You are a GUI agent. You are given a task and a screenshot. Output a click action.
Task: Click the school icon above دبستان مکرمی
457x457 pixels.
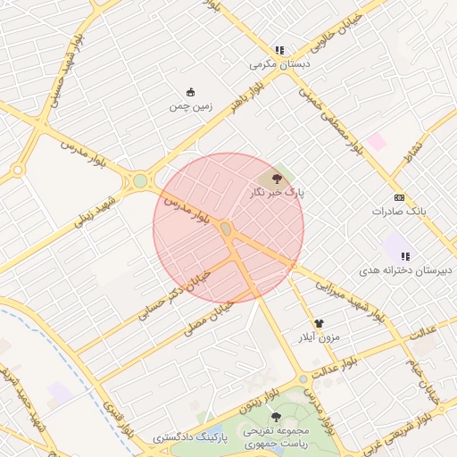click(x=279, y=51)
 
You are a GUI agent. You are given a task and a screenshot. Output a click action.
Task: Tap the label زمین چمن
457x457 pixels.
click(x=191, y=105)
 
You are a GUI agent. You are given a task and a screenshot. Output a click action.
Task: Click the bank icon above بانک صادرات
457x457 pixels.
click(x=399, y=197)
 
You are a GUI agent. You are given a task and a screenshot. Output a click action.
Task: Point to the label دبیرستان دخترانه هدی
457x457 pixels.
click(x=406, y=269)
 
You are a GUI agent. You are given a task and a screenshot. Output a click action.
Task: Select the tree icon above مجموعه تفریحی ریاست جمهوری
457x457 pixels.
click(x=275, y=417)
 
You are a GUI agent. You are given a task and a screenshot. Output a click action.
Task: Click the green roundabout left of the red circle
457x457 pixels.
click(x=140, y=181)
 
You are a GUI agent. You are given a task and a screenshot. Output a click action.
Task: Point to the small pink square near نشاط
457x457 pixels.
click(x=377, y=142)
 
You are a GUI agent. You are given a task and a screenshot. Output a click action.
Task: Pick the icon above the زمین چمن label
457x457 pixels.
click(x=190, y=92)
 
